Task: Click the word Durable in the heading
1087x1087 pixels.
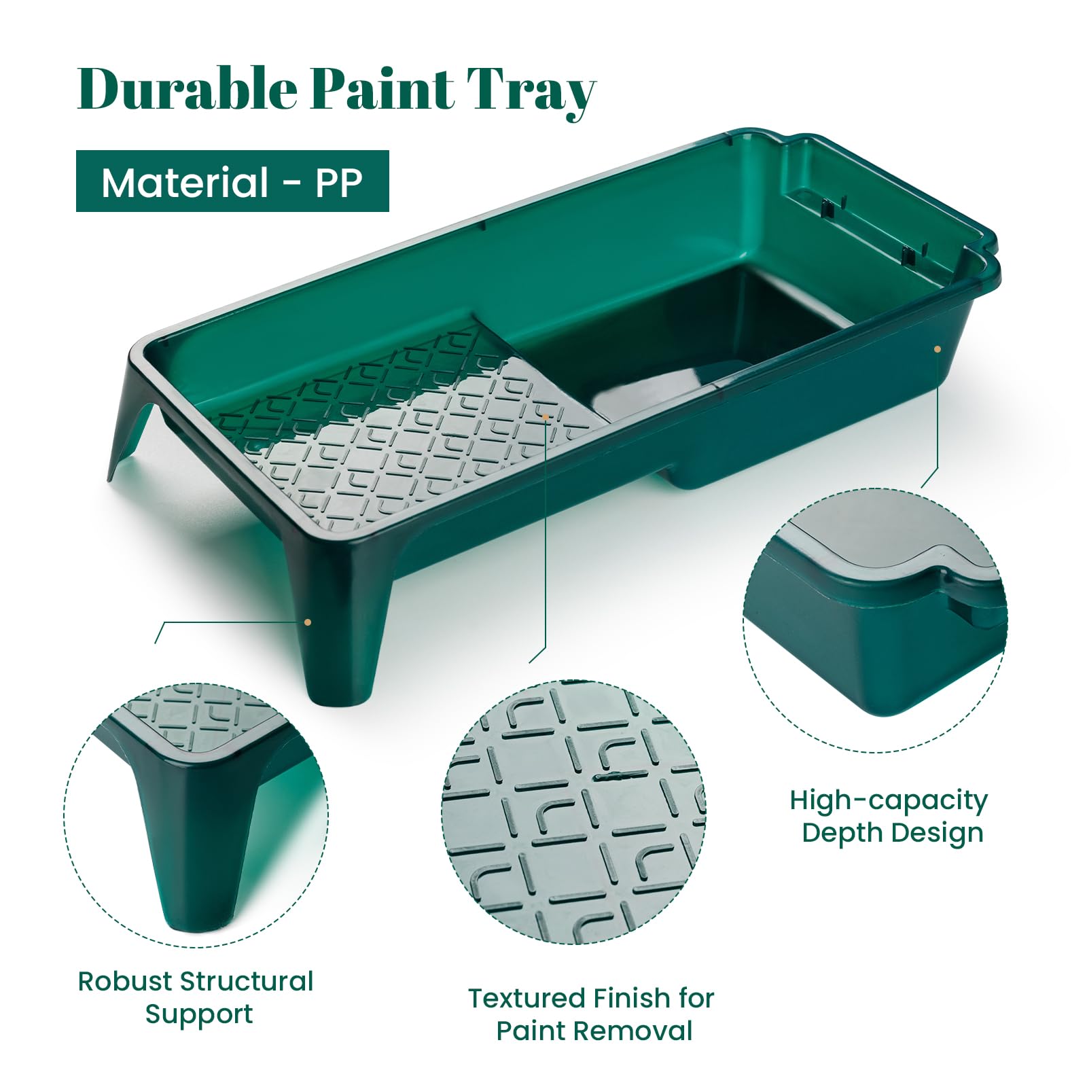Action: click(x=188, y=88)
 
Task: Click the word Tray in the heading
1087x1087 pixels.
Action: click(x=531, y=92)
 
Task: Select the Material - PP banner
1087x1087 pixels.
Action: click(x=232, y=181)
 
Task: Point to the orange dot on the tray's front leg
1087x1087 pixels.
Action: click(x=308, y=622)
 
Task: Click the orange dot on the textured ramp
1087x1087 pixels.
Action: click(x=546, y=416)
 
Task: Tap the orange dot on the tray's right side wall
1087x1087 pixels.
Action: click(x=938, y=349)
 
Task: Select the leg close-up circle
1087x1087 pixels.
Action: click(x=196, y=815)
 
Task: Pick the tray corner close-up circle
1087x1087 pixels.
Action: click(x=875, y=620)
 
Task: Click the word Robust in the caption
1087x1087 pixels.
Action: click(x=124, y=981)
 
